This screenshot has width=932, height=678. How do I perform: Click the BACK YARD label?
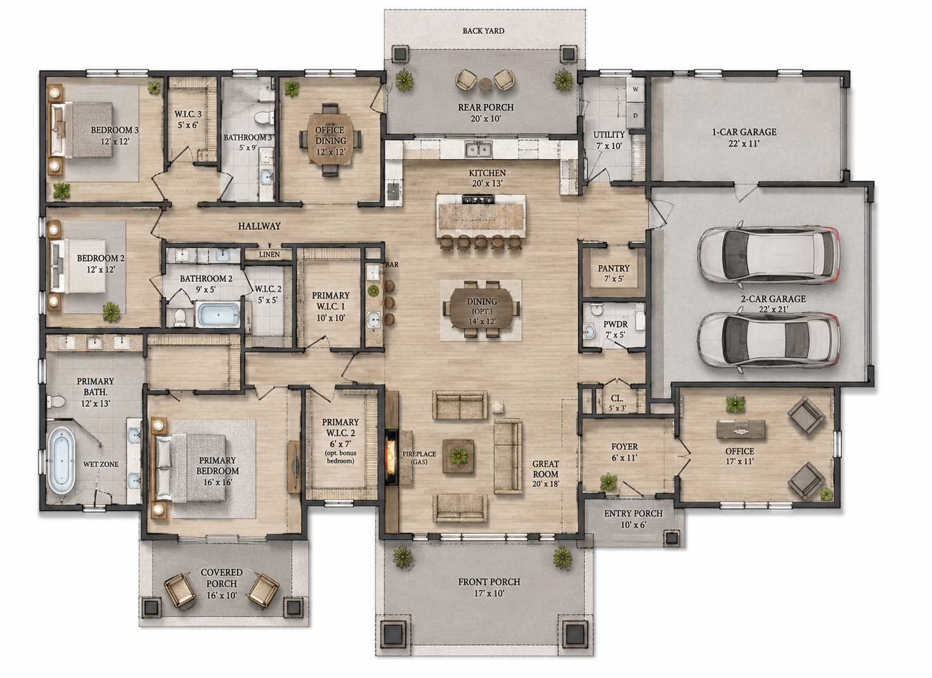[484, 31]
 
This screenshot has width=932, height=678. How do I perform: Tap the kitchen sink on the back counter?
[479, 149]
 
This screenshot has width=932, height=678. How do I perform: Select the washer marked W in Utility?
[635, 89]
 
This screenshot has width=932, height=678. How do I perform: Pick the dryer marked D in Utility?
[635, 115]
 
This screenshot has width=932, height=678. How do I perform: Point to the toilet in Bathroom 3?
[263, 117]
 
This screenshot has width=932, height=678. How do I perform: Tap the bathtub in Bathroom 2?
[218, 314]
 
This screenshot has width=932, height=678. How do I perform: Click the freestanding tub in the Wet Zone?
[63, 461]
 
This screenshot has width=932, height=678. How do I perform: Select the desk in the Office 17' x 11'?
[741, 429]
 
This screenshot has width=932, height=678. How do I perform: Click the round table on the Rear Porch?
[485, 84]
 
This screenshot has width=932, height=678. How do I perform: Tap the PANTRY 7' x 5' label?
[614, 273]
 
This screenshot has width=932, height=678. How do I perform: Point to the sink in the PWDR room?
[589, 331]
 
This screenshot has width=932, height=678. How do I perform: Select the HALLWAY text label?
[259, 226]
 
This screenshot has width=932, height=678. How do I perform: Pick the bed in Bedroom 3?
[82, 130]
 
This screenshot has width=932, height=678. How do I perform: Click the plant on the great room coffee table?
[458, 456]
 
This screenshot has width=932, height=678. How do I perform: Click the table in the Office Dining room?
[330, 140]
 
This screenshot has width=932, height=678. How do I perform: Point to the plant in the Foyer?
[608, 482]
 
